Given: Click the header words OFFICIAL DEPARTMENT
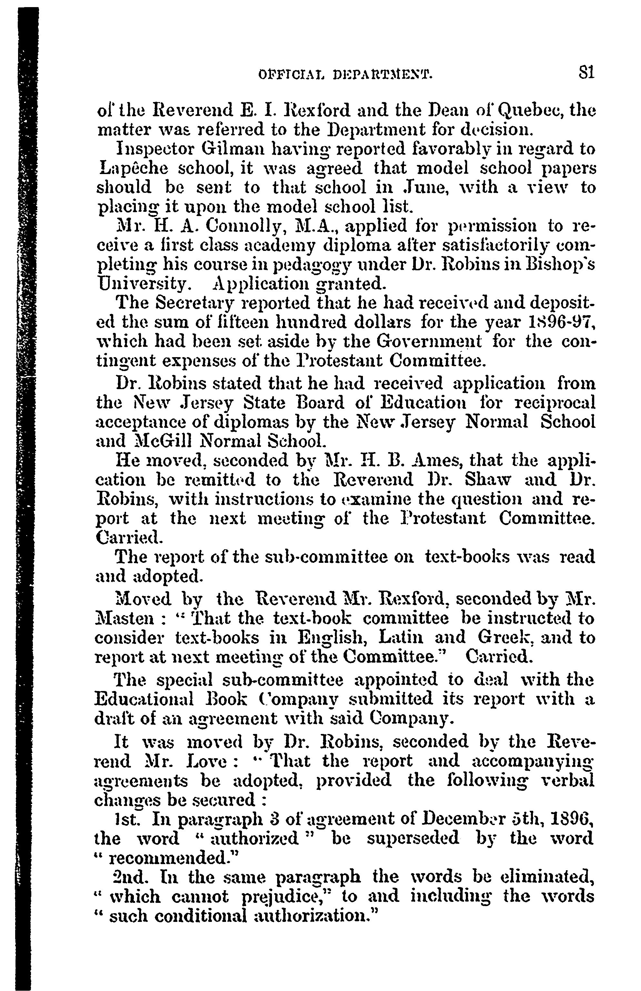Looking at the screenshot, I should [x=345, y=75].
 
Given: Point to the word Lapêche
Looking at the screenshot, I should [x=135, y=169].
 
